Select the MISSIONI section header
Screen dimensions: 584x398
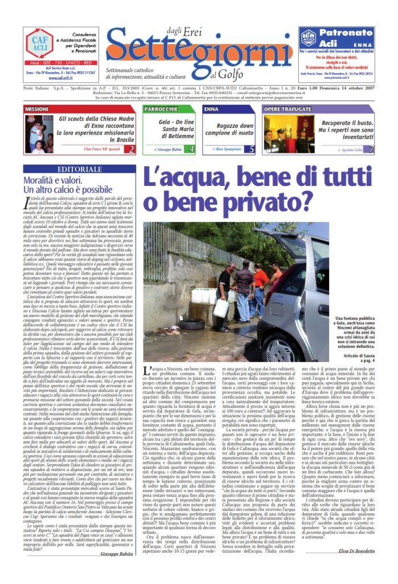(x=36, y=108)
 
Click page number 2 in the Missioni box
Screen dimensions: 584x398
(x=132, y=149)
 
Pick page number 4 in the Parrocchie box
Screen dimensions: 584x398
(x=191, y=149)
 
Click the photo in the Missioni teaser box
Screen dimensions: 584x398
(x=38, y=133)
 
